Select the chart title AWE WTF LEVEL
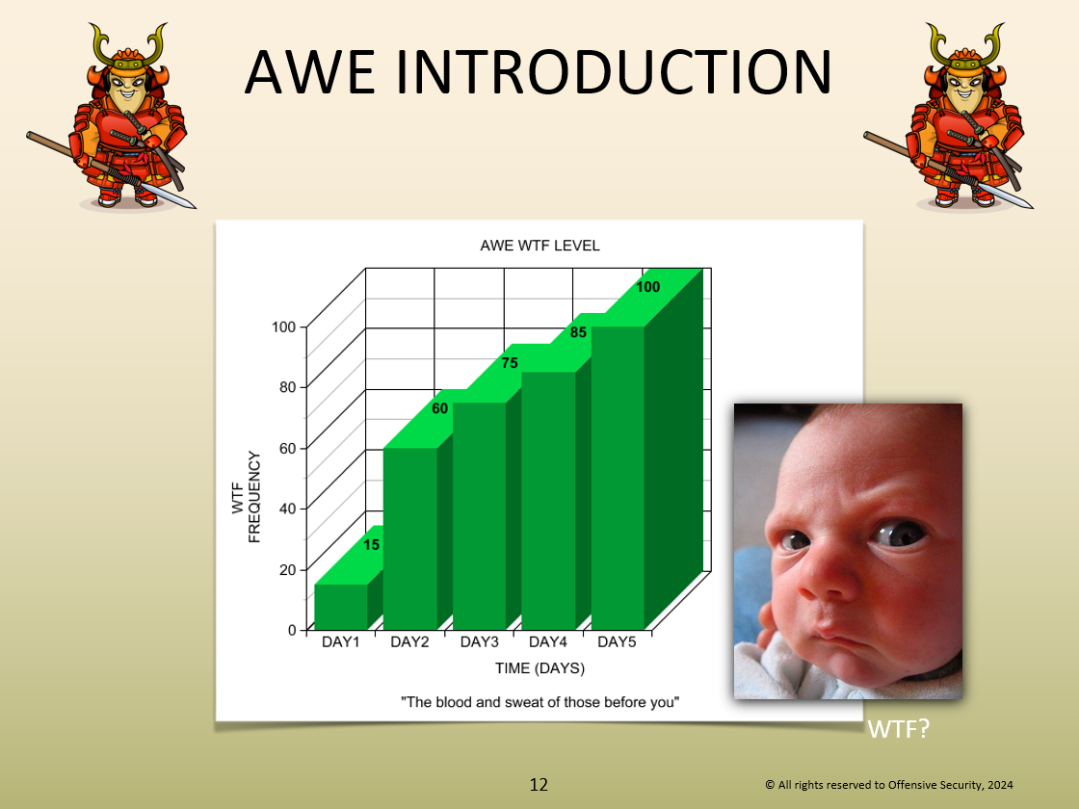pyautogui.click(x=539, y=246)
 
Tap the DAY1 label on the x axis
pyautogui.click(x=341, y=641)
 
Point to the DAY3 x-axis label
pyautogui.click(x=479, y=641)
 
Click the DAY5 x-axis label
pyautogui.click(x=617, y=641)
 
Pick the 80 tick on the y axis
pyautogui.click(x=288, y=386)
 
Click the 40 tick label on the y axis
pyautogui.click(x=288, y=509)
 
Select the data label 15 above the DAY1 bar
pyautogui.click(x=372, y=545)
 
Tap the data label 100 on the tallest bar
pyautogui.click(x=647, y=287)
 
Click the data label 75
pyautogui.click(x=510, y=363)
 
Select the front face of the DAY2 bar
pyautogui.click(x=410, y=538)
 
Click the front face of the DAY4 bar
pyautogui.click(x=548, y=501)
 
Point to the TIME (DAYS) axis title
pyautogui.click(x=539, y=668)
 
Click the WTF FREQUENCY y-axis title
pyautogui.click(x=247, y=497)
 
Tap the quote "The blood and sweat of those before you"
pyautogui.click(x=540, y=702)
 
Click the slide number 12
pyautogui.click(x=539, y=785)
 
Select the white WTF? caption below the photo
pyautogui.click(x=899, y=729)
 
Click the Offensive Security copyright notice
pyautogui.click(x=889, y=785)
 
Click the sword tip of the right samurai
pyautogui.click(x=1031, y=206)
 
